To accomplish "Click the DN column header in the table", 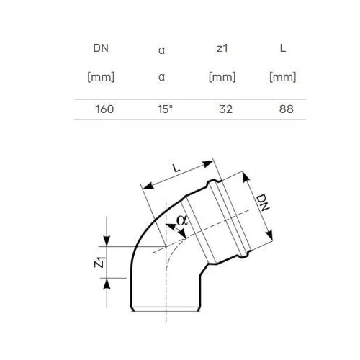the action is point(101,48).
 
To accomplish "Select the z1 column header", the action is point(222,48).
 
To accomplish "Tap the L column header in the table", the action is point(283,48).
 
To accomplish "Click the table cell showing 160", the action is point(104,109).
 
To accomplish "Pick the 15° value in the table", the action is point(165,109).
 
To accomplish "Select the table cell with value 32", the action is point(225,109).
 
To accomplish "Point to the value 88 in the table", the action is point(287,109).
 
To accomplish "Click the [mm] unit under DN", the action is point(101,77).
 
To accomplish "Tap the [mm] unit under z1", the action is point(222,77).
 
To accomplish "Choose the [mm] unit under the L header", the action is point(283,77).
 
